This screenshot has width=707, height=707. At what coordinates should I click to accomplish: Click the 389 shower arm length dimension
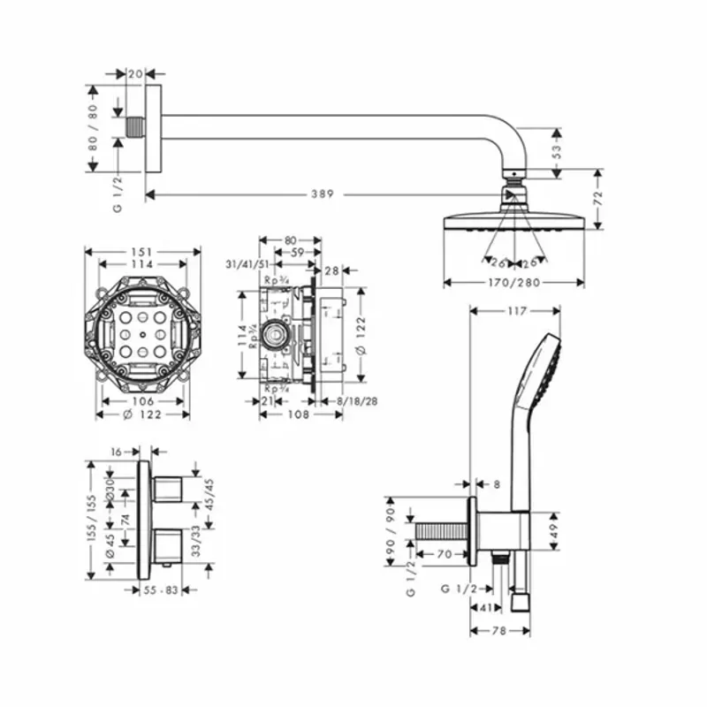[322, 194]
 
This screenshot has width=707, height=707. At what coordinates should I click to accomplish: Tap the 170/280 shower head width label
[513, 283]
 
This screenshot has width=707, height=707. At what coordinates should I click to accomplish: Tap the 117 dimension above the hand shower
[517, 311]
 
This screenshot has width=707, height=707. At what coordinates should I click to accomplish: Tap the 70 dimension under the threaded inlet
[445, 555]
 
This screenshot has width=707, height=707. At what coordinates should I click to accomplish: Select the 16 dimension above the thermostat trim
[118, 451]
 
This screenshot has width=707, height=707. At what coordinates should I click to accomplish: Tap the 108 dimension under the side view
[301, 413]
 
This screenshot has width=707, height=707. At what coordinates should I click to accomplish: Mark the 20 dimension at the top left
[135, 74]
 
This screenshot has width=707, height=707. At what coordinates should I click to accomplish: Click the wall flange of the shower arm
[155, 131]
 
